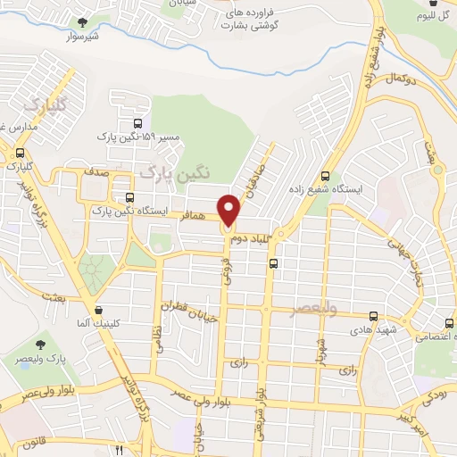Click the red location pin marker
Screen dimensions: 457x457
(229, 209)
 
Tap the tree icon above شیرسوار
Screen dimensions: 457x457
(82, 21)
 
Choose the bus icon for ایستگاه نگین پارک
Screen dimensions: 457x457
(131, 197)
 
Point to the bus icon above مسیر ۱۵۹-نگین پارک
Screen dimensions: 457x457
(137, 124)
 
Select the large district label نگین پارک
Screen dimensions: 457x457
(174, 171)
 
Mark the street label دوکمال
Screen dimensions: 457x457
(404, 80)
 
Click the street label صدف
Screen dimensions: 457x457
(98, 167)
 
